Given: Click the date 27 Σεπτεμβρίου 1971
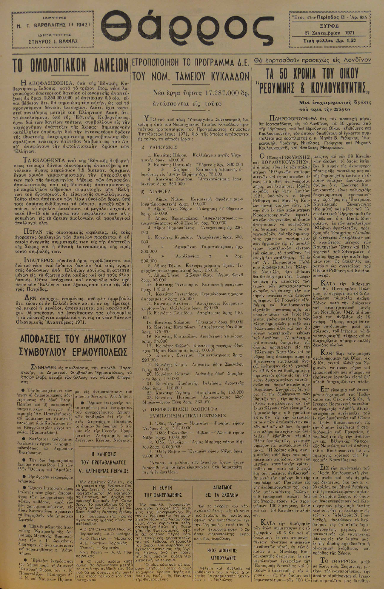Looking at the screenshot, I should coord(328,33).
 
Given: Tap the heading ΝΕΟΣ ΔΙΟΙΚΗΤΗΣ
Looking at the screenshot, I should coord(223,550).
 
